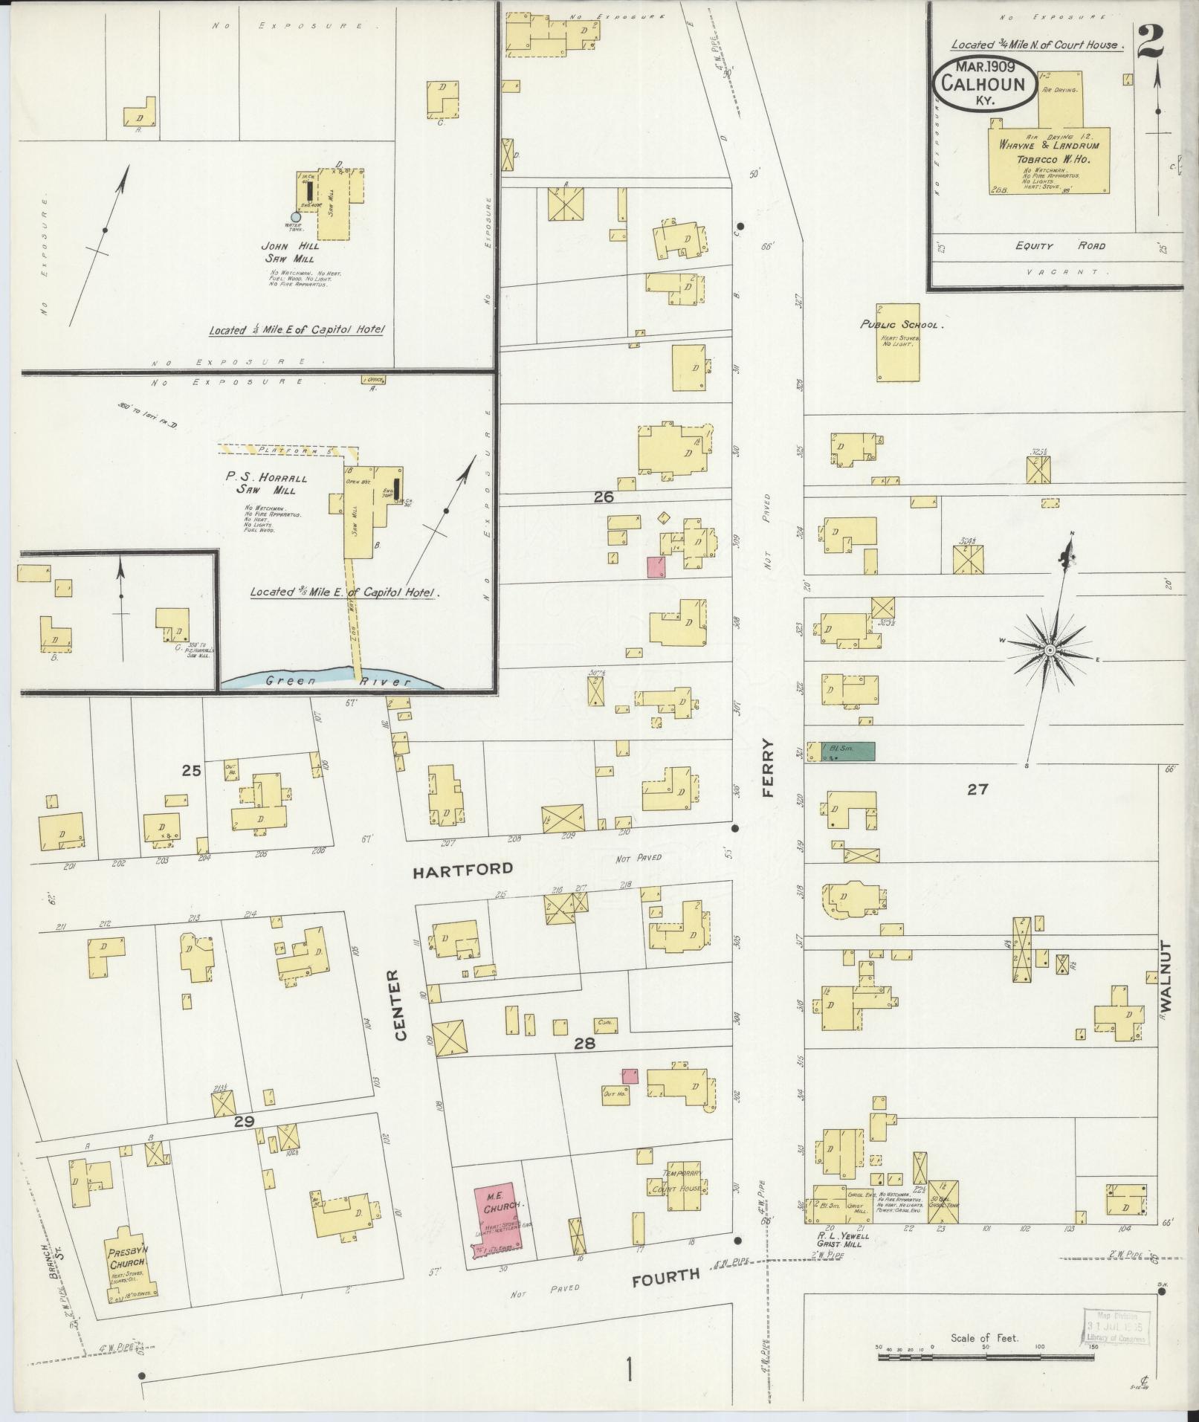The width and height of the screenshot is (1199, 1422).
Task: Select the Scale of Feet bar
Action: [986, 1357]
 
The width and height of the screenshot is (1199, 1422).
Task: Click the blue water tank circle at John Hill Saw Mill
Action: [295, 216]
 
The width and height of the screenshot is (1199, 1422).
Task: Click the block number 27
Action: [977, 789]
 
